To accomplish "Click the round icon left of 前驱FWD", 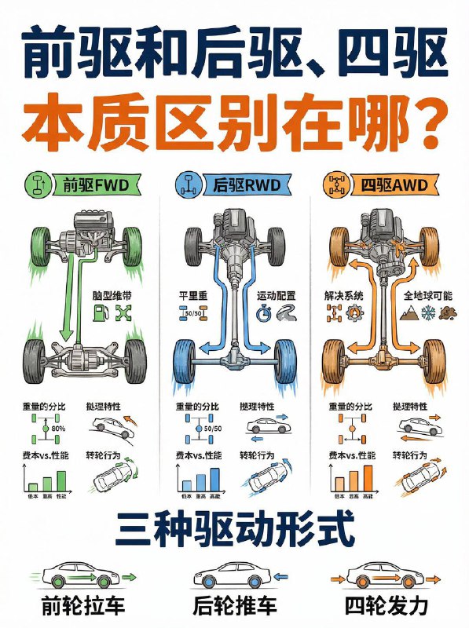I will click(35, 186).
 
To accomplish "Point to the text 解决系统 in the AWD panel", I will click(342, 297).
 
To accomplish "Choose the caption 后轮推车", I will click(233, 606).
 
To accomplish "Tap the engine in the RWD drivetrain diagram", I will click(233, 228).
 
